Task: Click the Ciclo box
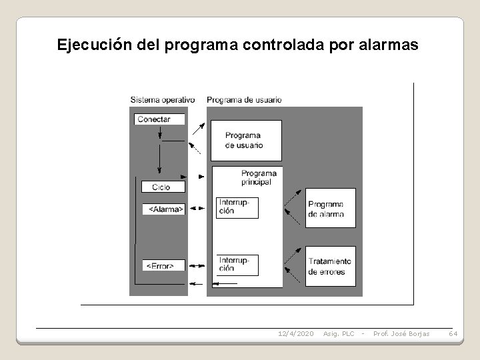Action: [x=160, y=187]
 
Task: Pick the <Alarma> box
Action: [x=163, y=209]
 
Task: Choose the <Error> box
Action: [x=163, y=265]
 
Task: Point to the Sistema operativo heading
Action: [x=163, y=100]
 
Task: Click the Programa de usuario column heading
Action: [x=244, y=100]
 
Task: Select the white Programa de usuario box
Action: [x=245, y=140]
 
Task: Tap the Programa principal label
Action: [x=259, y=177]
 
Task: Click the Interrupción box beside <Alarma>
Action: [x=237, y=207]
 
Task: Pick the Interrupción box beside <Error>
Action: [x=237, y=265]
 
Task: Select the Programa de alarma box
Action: [x=330, y=209]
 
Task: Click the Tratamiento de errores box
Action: [x=330, y=266]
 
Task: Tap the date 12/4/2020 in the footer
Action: [x=295, y=333]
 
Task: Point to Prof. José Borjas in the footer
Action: [x=401, y=333]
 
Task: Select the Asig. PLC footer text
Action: [x=338, y=333]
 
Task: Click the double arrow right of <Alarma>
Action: [x=197, y=209]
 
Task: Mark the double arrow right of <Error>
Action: [x=197, y=265]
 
